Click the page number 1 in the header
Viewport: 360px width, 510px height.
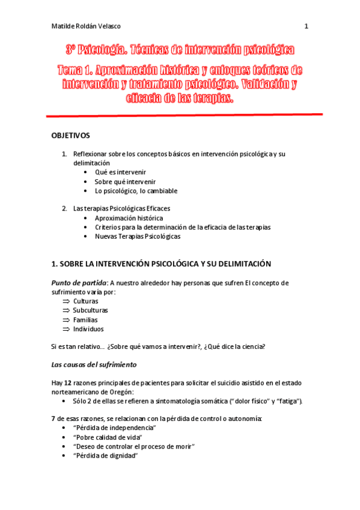(306, 26)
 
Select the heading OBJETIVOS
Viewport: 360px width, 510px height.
(70, 135)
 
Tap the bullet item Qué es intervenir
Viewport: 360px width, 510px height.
(120, 172)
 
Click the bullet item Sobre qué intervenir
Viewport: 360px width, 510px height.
(125, 182)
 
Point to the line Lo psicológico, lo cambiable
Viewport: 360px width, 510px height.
(136, 191)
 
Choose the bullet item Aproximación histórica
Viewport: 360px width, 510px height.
(129, 218)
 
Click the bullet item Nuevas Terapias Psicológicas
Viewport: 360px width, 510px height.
(137, 236)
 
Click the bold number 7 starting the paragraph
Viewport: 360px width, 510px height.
(53, 418)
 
